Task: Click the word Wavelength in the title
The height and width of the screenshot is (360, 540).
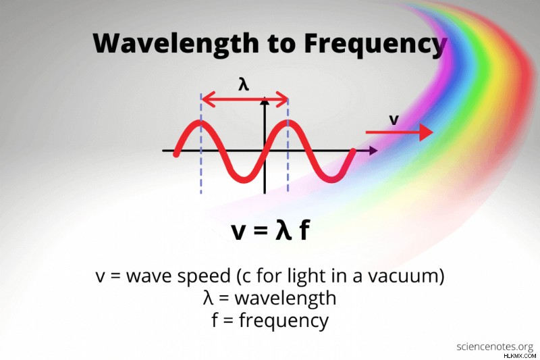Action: tap(175, 44)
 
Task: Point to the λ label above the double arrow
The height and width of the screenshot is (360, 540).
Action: tap(244, 84)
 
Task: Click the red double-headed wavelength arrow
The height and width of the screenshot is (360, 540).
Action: tap(245, 100)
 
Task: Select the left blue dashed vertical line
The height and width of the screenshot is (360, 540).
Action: tap(200, 143)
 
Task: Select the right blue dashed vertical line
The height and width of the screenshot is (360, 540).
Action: tap(288, 145)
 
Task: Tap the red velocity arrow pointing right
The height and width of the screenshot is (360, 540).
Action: tap(399, 132)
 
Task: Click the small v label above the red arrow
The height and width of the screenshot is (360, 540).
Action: tap(394, 120)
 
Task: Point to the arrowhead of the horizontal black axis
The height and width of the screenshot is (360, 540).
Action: tap(373, 151)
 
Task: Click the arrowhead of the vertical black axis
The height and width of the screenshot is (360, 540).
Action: tap(265, 101)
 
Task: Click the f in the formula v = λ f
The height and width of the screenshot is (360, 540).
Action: tap(304, 230)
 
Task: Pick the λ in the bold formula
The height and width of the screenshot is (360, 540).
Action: tap(283, 230)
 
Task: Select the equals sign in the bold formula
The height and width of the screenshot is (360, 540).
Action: tap(260, 231)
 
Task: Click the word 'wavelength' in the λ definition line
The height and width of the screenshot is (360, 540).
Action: tap(286, 299)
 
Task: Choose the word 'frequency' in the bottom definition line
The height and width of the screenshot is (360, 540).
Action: tap(283, 321)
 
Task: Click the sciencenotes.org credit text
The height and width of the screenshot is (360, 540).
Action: tap(495, 347)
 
